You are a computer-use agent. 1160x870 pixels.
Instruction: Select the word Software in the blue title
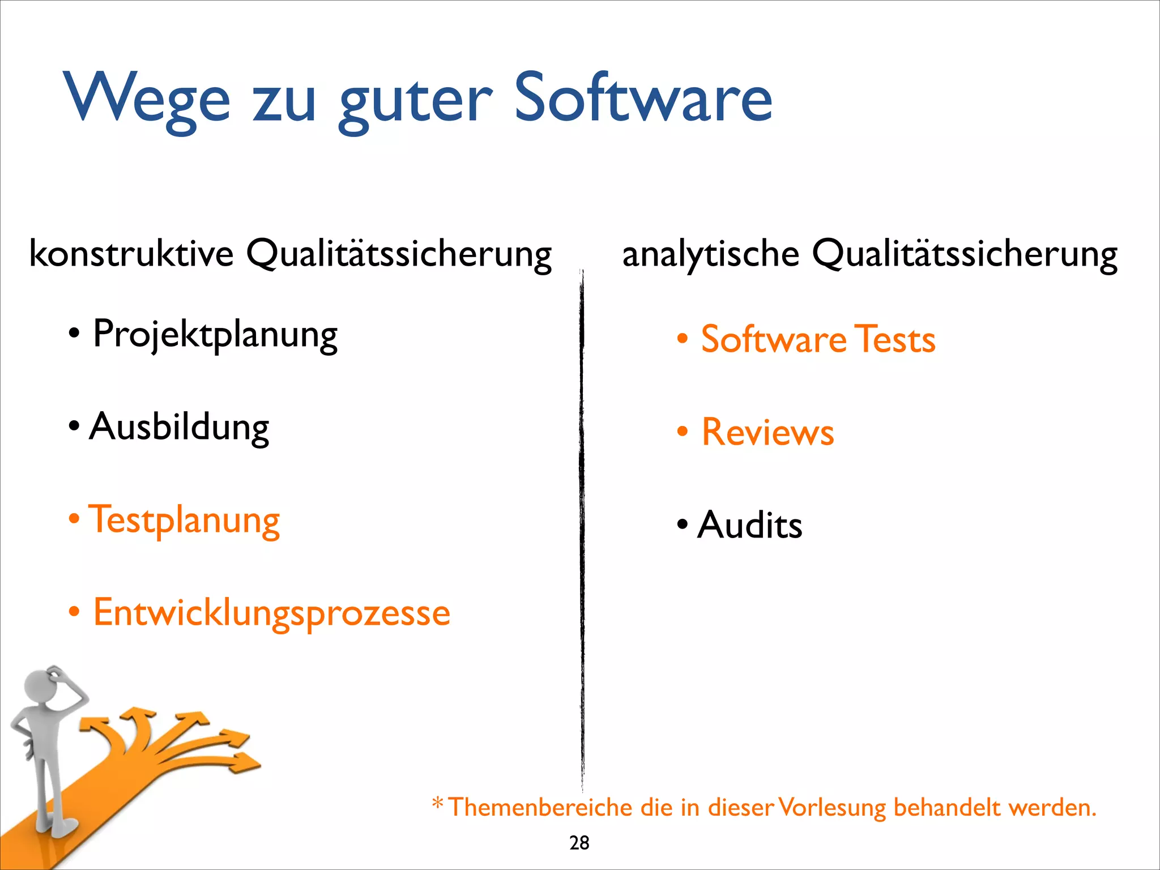click(643, 97)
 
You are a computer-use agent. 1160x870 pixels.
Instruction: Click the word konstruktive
click(131, 253)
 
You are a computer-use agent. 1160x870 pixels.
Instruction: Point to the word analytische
click(710, 254)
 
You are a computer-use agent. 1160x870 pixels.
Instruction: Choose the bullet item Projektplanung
click(215, 334)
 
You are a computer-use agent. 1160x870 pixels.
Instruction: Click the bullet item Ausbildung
click(179, 427)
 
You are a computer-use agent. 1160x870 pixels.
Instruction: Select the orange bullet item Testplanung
click(185, 520)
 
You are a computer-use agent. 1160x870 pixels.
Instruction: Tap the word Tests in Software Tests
click(895, 339)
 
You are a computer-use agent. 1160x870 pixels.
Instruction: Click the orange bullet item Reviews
click(767, 432)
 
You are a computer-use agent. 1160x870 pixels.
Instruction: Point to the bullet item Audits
click(749, 525)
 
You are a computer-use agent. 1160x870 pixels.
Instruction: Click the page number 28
click(579, 843)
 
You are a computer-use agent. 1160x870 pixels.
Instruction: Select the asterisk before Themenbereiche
click(438, 803)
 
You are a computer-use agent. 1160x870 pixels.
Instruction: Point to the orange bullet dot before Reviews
click(683, 432)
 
